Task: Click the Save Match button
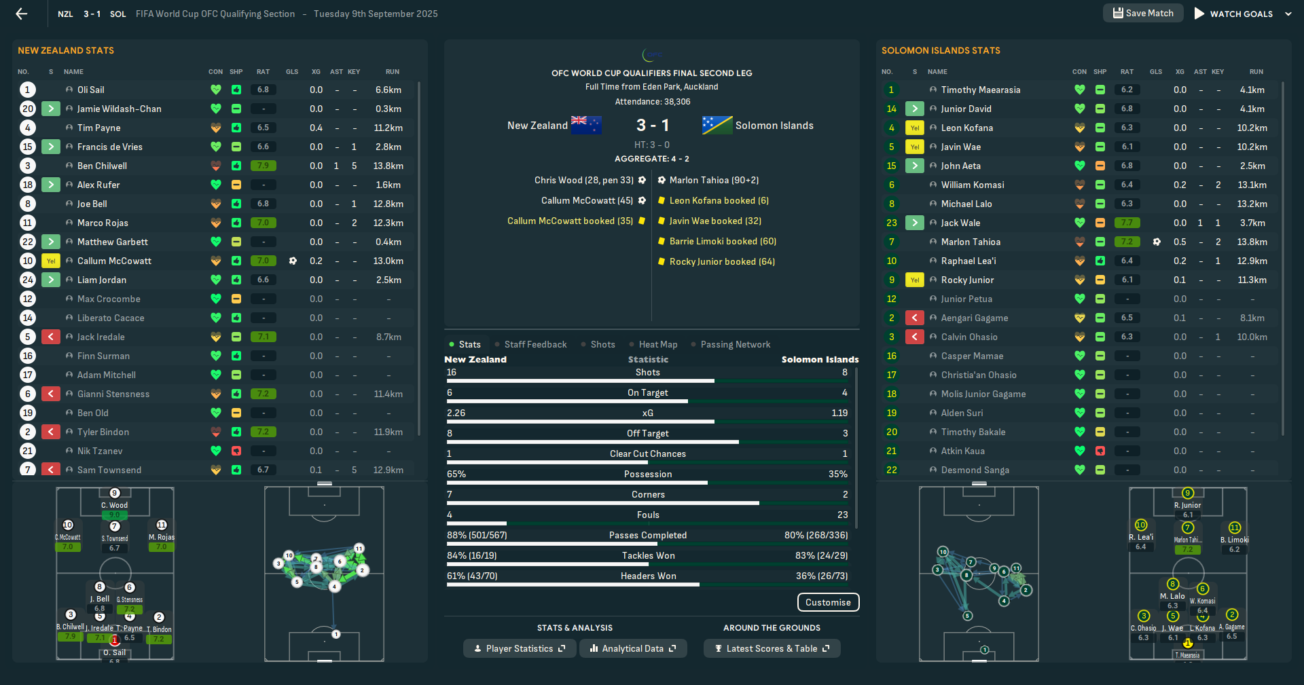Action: point(1143,13)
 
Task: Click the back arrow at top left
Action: point(22,14)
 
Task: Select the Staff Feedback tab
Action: point(535,344)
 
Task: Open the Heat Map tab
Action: point(657,344)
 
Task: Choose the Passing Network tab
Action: point(735,344)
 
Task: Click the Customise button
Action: point(828,602)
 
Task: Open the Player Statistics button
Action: point(520,648)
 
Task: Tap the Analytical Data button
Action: point(632,648)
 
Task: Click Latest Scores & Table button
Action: point(772,648)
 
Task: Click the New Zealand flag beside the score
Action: point(586,125)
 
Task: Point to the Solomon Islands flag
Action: point(717,125)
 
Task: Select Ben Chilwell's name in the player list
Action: point(102,166)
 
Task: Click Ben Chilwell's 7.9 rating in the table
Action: point(263,166)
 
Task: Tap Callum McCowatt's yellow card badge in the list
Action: point(51,261)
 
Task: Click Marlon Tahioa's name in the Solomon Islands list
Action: point(971,242)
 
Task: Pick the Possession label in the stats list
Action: point(648,474)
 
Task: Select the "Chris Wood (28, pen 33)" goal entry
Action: point(583,180)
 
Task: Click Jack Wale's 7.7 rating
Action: point(1127,223)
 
